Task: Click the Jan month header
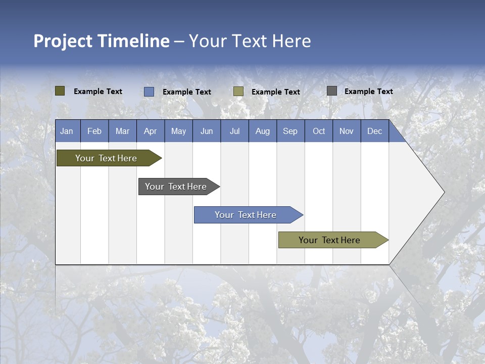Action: pos(67,131)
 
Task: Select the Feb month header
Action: pos(94,131)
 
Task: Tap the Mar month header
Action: pos(122,131)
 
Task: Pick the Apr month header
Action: pos(151,131)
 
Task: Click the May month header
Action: pos(178,131)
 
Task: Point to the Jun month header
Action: pos(207,131)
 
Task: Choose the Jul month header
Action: pos(234,131)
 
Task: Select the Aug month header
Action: pos(263,131)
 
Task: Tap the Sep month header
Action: pos(290,131)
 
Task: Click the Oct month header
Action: pos(319,131)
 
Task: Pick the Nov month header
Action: pos(347,131)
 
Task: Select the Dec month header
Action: pos(375,131)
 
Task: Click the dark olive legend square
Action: pos(60,91)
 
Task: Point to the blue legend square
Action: pos(149,92)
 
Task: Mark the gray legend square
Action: pos(332,91)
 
